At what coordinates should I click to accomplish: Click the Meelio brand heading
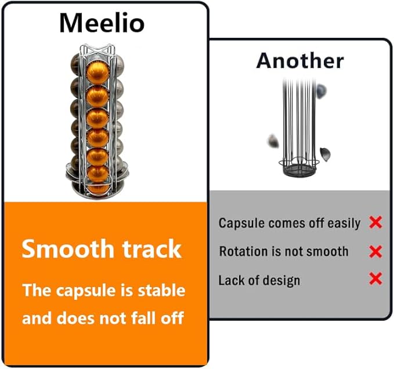(102, 23)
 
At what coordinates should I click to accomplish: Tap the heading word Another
(300, 60)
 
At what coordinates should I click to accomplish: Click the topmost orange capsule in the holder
(98, 73)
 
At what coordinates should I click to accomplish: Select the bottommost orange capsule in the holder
(98, 189)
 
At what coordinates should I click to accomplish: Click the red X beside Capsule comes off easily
(375, 222)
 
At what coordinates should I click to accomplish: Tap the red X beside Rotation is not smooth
(375, 252)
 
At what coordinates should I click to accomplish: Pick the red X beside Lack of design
(375, 278)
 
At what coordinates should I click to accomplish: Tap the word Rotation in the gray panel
(243, 251)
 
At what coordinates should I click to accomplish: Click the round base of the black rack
(299, 170)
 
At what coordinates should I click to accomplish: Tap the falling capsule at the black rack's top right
(321, 90)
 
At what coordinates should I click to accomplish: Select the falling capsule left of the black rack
(273, 141)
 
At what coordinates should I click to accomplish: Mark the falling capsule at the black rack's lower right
(325, 155)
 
